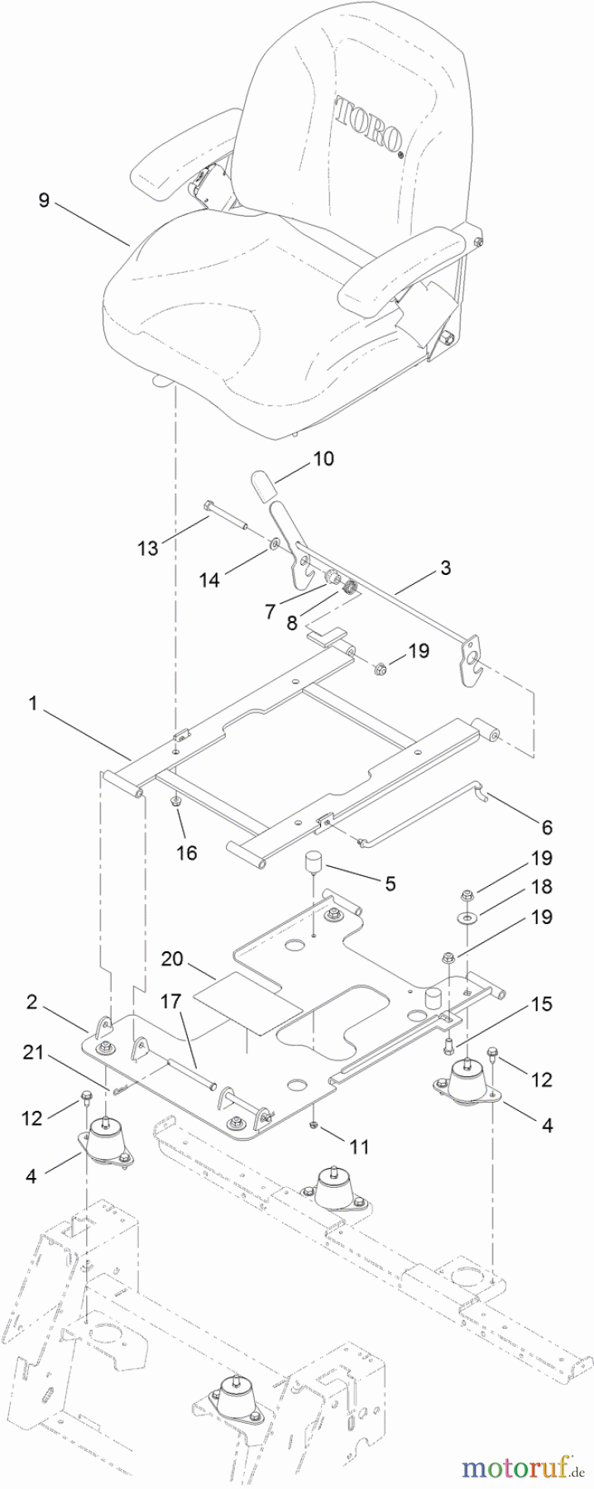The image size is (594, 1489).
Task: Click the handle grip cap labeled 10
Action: [262, 486]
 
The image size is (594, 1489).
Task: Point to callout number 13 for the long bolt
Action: [148, 548]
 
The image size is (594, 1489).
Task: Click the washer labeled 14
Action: [272, 547]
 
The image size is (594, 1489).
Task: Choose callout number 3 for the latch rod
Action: [445, 568]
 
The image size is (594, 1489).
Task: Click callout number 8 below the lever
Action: [292, 623]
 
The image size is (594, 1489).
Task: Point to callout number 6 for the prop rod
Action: [547, 826]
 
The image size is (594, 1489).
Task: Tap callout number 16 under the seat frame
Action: [188, 851]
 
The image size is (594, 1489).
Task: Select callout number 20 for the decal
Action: [172, 958]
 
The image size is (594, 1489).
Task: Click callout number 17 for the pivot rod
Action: [170, 1002]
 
